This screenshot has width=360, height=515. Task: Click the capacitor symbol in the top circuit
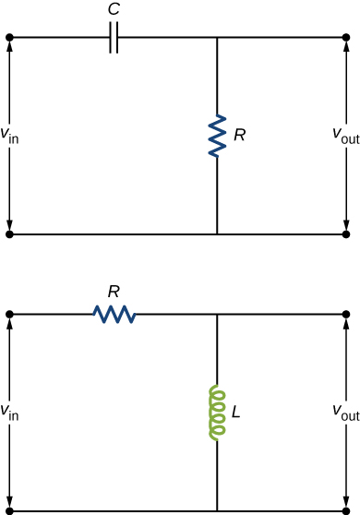114,38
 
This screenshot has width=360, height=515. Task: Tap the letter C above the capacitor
114,12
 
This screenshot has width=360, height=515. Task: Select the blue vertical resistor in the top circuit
217,135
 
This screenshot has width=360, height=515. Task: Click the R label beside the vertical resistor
240,135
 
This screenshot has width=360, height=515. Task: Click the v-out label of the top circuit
345,135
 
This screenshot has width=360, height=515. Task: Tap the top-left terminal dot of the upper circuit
9,38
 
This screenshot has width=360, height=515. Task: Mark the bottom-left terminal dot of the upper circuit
9,234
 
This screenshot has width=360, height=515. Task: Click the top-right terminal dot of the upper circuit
346,38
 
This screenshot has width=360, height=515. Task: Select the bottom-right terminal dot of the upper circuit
346,234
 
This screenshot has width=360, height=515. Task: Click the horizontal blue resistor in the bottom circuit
114,315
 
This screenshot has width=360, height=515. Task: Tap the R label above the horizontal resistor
114,292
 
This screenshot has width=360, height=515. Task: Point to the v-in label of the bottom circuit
10,412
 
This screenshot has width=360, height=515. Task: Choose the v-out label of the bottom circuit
345,412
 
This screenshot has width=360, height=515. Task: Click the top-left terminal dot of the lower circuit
9,315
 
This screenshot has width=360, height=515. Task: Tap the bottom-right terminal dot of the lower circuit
346,510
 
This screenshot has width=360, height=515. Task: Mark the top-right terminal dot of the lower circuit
346,315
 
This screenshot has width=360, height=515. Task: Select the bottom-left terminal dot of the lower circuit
9,510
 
